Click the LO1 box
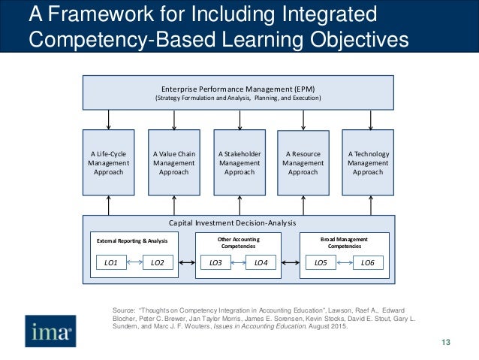110,262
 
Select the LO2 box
157,262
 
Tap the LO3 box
215,262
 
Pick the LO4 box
261,262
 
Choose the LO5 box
321,262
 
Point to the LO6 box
368,262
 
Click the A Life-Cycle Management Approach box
108,162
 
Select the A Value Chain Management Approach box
173,162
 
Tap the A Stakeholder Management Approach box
239,162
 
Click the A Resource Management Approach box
303,162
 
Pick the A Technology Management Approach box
368,162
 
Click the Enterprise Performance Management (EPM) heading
238,89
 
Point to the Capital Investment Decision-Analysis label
238,223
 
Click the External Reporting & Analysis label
132,241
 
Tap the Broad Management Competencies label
344,242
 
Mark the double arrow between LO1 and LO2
134,262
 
